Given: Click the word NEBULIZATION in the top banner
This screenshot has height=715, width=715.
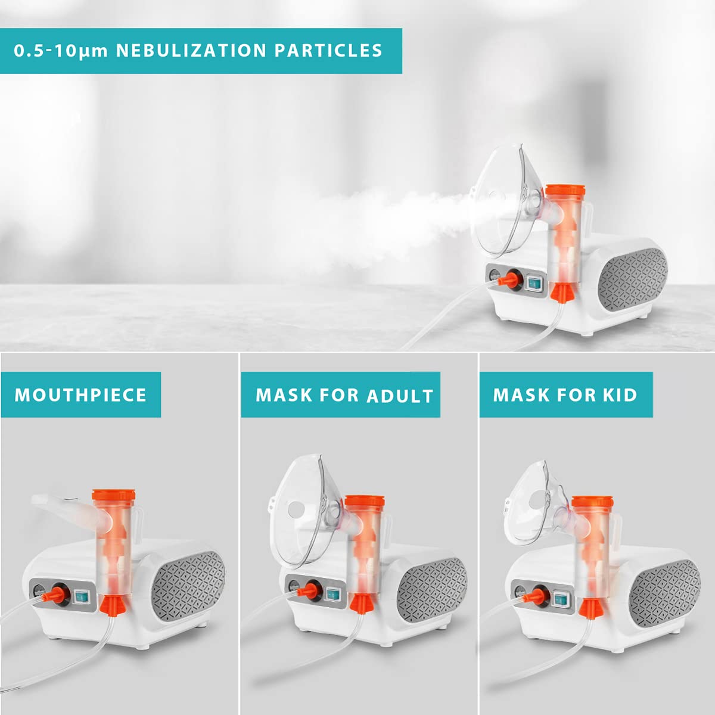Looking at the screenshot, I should [191, 51].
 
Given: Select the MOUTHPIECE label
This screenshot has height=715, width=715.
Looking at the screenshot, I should [80, 395].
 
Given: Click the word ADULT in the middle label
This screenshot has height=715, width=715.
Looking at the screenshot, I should [400, 396].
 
